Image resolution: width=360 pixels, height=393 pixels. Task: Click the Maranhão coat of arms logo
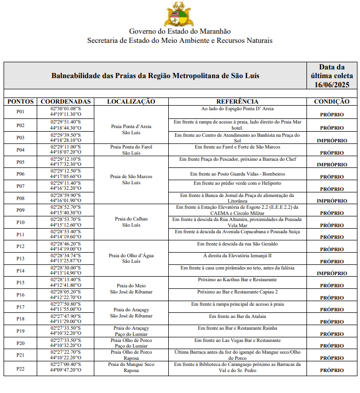point(179,14)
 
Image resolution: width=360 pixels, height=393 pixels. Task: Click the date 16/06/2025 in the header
point(331,84)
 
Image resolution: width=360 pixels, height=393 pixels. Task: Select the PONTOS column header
point(20,102)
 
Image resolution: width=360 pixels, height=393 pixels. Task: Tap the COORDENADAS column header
point(65,102)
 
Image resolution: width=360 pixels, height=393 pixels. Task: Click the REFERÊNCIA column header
point(237,102)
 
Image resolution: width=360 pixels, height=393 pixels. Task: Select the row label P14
point(20,271)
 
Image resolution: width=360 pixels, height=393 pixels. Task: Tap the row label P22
point(20,369)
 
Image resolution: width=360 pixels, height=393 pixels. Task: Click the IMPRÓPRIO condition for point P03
point(331,140)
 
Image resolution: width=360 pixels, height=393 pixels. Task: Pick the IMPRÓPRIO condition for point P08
point(331,201)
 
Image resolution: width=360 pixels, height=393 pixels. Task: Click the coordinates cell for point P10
point(65,222)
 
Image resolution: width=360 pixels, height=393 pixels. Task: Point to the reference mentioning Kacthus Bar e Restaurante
point(237,280)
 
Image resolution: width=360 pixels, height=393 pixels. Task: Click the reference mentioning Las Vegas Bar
point(237,340)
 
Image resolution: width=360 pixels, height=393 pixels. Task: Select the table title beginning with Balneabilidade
point(155,76)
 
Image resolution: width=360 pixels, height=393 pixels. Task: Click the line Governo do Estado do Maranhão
point(179,31)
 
